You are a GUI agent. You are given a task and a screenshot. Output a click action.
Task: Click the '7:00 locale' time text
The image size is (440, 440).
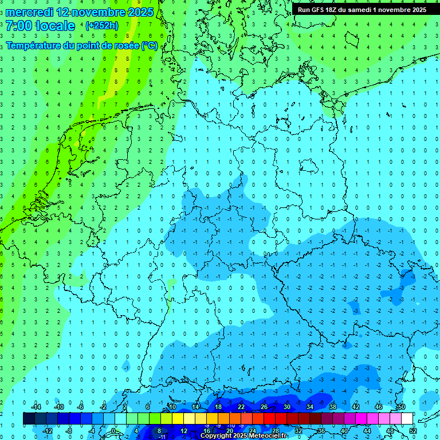click(x=40, y=26)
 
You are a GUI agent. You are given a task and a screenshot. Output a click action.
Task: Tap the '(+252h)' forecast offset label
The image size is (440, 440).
click(x=102, y=26)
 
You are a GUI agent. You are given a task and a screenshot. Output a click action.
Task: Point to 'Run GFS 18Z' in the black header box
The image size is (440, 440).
click(x=319, y=10)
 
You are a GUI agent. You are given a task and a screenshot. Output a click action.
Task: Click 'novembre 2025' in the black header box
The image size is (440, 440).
click(x=403, y=10)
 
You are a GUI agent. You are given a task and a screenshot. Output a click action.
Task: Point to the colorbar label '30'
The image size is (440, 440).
click(x=286, y=407)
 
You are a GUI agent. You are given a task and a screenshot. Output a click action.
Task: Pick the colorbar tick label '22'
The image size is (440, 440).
click(x=241, y=407)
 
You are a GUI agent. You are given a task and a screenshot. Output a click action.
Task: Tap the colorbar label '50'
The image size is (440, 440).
click(x=401, y=407)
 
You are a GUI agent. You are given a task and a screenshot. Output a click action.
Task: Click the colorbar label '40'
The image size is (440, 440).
click(x=344, y=431)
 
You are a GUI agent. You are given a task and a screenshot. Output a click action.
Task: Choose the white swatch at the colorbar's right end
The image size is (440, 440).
click(x=407, y=419)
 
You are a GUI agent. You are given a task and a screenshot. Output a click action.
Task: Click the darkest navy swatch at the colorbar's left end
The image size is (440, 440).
click(x=29, y=419)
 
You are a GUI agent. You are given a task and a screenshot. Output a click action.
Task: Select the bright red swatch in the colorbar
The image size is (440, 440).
click(x=269, y=419)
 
